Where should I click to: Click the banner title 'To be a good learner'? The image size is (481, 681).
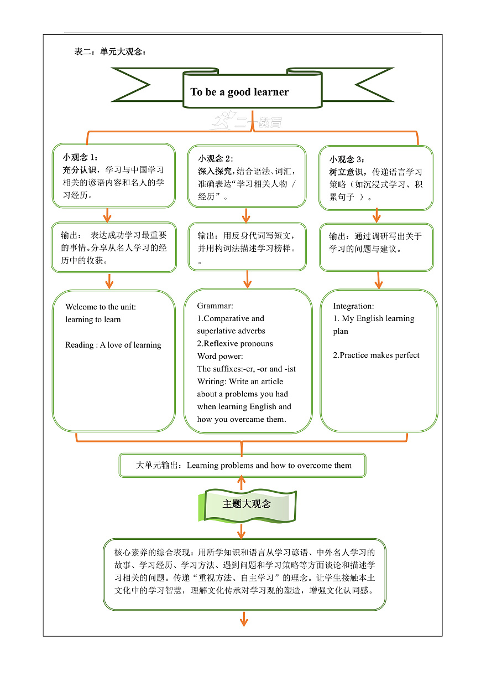[239, 92]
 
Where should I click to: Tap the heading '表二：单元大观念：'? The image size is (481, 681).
[110, 52]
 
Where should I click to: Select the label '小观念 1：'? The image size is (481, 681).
[81, 157]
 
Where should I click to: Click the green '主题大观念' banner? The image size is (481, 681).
[247, 504]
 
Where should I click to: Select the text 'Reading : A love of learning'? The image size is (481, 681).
[113, 345]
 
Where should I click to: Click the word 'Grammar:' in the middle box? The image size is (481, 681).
[215, 306]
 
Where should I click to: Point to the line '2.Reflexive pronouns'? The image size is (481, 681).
[235, 344]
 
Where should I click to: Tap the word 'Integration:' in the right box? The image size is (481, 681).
[353, 306]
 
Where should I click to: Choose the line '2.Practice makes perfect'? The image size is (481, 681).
[376, 355]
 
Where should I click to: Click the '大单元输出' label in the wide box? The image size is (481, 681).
[158, 466]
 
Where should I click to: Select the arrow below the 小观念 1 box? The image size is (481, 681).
[107, 216]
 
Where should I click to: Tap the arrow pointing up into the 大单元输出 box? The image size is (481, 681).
[241, 482]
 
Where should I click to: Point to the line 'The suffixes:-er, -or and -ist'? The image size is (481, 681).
[247, 369]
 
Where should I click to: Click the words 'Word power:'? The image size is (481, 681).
[219, 357]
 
